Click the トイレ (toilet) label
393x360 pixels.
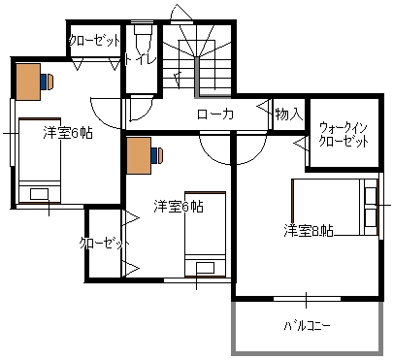tap(141, 60)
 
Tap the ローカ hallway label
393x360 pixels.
tap(215, 114)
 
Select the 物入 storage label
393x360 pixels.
tap(289, 114)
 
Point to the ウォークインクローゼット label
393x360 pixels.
tap(344, 135)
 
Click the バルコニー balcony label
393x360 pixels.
tap(308, 325)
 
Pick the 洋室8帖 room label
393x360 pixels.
tap(309, 231)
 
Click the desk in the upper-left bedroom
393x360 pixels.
tap(28, 82)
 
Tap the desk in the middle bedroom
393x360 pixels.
tap(139, 155)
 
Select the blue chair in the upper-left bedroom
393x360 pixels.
tap(47, 82)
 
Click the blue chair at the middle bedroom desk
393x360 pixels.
tap(157, 155)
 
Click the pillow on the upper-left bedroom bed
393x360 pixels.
tap(39, 194)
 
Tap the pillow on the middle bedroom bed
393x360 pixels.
tap(205, 268)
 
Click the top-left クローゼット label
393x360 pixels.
tap(94, 41)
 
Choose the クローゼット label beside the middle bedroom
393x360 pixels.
tap(105, 244)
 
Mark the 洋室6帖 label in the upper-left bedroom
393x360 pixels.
tap(68, 133)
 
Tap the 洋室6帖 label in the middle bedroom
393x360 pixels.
tap(179, 207)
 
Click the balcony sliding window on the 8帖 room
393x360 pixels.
tap(307, 299)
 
